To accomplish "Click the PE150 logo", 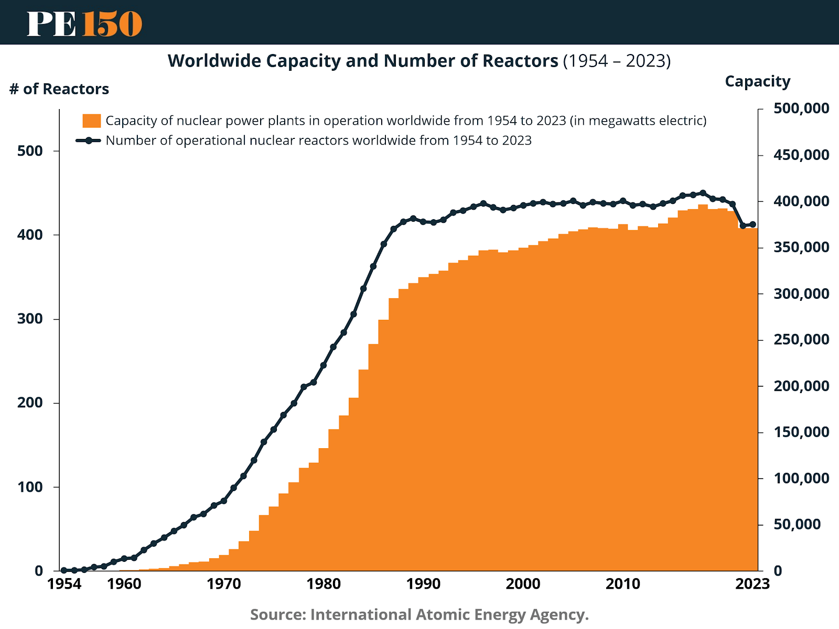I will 84,24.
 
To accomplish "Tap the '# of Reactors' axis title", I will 59,89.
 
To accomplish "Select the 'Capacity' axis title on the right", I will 757,81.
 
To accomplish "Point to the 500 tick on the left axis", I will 30,151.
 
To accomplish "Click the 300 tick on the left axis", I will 30,319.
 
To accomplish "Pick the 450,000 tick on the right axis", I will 801,155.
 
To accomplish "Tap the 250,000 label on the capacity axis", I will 801,340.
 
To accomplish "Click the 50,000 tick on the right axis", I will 797,524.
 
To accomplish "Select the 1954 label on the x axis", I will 64,584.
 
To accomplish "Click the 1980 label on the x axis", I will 324,584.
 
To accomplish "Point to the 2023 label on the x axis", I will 752,584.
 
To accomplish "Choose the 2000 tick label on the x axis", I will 523,584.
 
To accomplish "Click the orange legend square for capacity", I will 91,121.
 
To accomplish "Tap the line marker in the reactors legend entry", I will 89,140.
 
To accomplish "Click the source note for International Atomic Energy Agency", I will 419,614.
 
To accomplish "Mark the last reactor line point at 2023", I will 753,224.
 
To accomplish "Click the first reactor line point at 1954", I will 64,570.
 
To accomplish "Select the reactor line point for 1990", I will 423,222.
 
